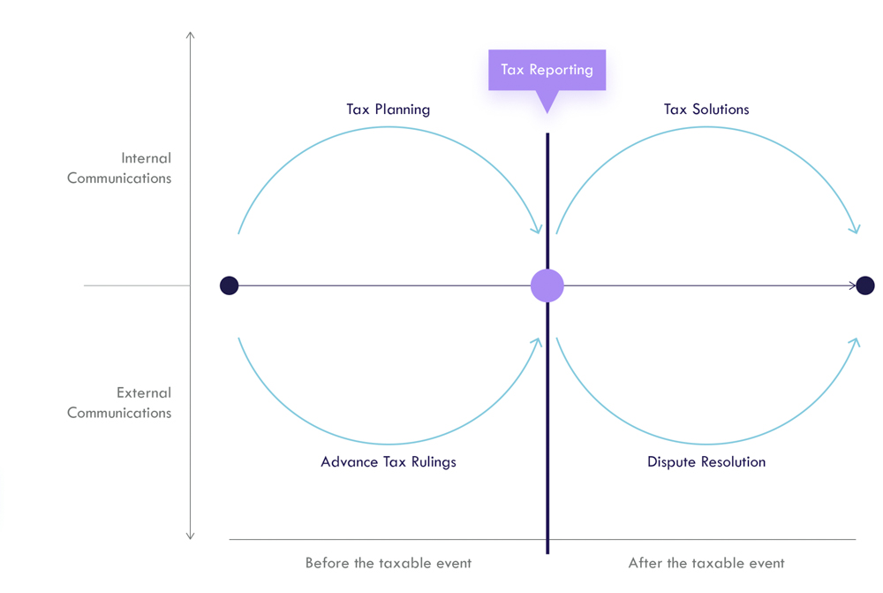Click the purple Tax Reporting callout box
[x=547, y=70]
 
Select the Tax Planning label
[x=388, y=110]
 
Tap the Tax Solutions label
[x=706, y=110]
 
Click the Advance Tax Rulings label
[x=388, y=461]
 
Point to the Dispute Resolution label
[x=706, y=461]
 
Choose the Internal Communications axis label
[x=119, y=168]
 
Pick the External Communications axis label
[x=119, y=402]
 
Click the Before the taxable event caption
[x=388, y=563]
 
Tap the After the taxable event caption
[x=706, y=563]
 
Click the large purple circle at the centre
[x=547, y=285]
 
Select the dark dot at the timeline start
[x=230, y=285]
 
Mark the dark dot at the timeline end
[x=865, y=285]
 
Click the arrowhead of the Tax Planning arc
[x=538, y=230]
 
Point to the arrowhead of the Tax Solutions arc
[x=856, y=230]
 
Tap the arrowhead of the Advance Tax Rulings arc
[x=538, y=342]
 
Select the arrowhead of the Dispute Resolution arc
[x=856, y=342]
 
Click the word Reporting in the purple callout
[x=561, y=70]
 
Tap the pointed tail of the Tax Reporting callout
[x=547, y=111]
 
